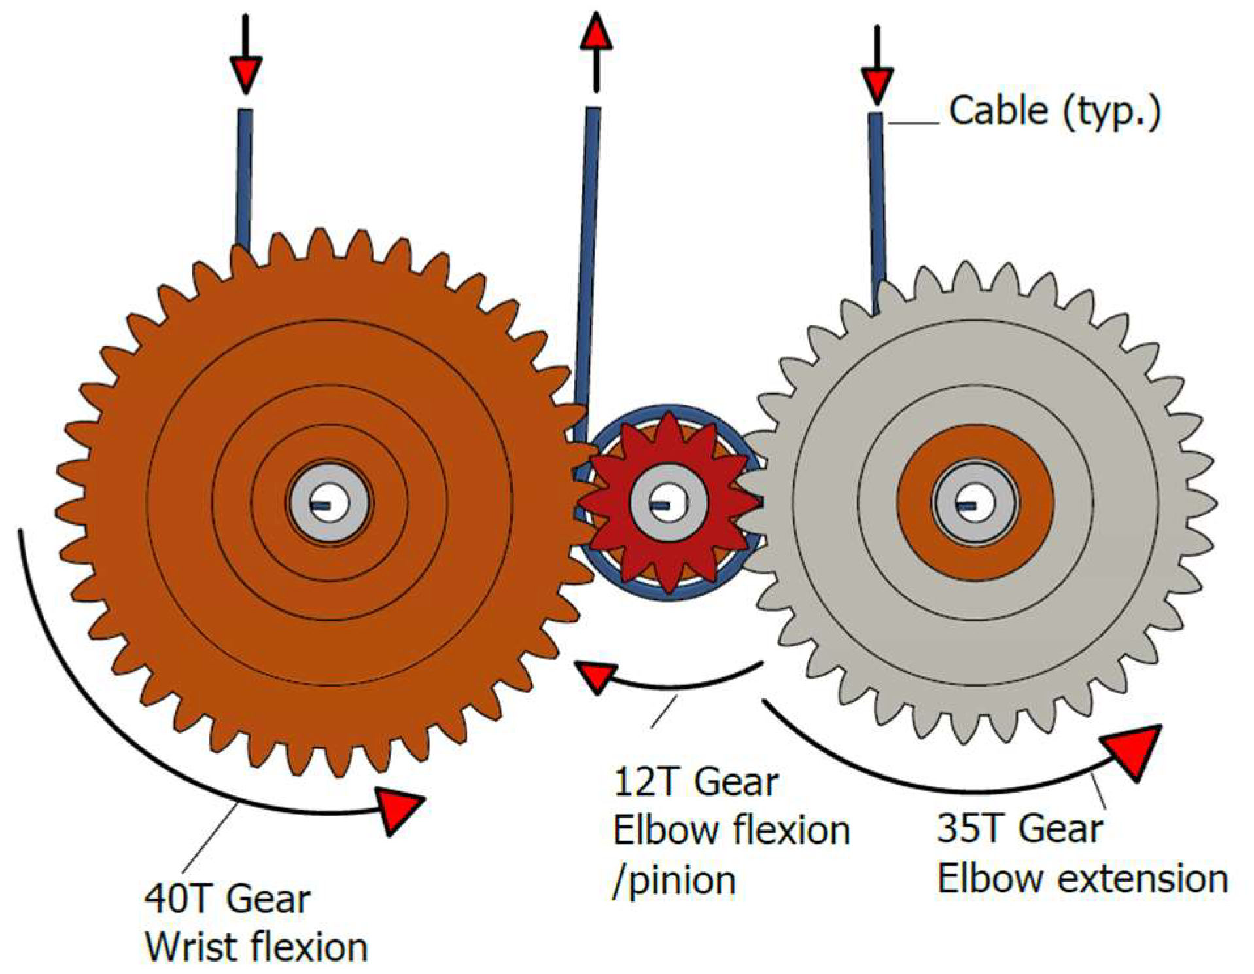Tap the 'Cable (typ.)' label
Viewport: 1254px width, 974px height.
pyautogui.click(x=1054, y=111)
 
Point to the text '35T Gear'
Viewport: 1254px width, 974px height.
pyautogui.click(x=1019, y=828)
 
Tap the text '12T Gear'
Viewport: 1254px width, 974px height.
pyautogui.click(x=695, y=782)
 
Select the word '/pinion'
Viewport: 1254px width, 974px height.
pyautogui.click(x=674, y=880)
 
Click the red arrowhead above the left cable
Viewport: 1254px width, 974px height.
pyautogui.click(x=245, y=73)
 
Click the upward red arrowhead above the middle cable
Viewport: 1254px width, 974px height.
pyautogui.click(x=596, y=33)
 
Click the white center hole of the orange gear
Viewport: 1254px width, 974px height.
pyautogui.click(x=330, y=503)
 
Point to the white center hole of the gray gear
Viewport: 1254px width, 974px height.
pyautogui.click(x=975, y=503)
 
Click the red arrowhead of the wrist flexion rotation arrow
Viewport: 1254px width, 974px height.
pyautogui.click(x=398, y=810)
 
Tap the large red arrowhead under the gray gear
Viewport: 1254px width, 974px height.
pyautogui.click(x=1133, y=751)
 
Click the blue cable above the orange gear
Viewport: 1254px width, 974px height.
pyautogui.click(x=245, y=177)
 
